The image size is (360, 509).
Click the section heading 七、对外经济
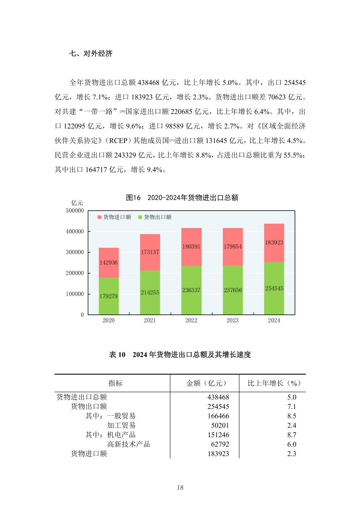91,54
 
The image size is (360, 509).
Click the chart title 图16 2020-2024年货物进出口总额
182,198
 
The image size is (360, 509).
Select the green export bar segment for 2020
109,296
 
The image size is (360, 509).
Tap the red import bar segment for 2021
150,252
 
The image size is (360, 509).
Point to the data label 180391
191,246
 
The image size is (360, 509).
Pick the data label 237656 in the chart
233,290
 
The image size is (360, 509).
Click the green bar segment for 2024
274,288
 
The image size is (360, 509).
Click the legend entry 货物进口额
114,217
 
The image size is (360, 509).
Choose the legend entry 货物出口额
155,217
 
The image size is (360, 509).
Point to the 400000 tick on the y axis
75,231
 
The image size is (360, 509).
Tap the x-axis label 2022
191,320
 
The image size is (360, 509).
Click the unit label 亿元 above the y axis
77,203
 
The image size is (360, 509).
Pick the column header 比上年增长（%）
274,383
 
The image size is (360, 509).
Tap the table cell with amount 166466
218,416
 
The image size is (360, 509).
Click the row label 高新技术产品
129,444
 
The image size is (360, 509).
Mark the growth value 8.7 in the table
292,435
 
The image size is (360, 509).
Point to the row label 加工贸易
121,425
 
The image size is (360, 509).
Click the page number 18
180,488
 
